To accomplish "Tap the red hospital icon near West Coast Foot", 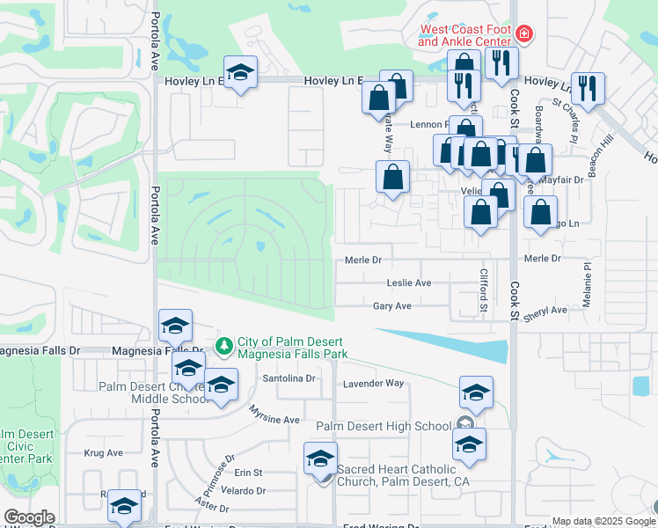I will click(x=524, y=34).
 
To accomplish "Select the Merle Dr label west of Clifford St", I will click(x=363, y=260).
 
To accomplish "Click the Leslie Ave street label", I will click(x=409, y=282).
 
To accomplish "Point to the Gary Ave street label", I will click(x=392, y=306).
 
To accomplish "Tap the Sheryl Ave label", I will click(x=546, y=310).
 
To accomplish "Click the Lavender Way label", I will click(x=373, y=383).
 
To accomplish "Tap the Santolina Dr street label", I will click(x=289, y=378).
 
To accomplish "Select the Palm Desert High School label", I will click(x=384, y=427).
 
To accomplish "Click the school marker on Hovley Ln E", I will click(x=239, y=74).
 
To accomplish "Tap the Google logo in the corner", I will click(x=29, y=517).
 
